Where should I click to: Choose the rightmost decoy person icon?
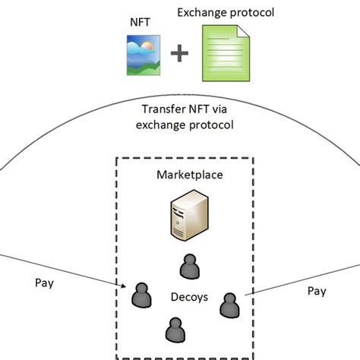click(229, 304)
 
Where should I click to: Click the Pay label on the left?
click(45, 283)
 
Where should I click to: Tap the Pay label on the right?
click(317, 290)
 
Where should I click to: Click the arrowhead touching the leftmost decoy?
click(126, 287)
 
